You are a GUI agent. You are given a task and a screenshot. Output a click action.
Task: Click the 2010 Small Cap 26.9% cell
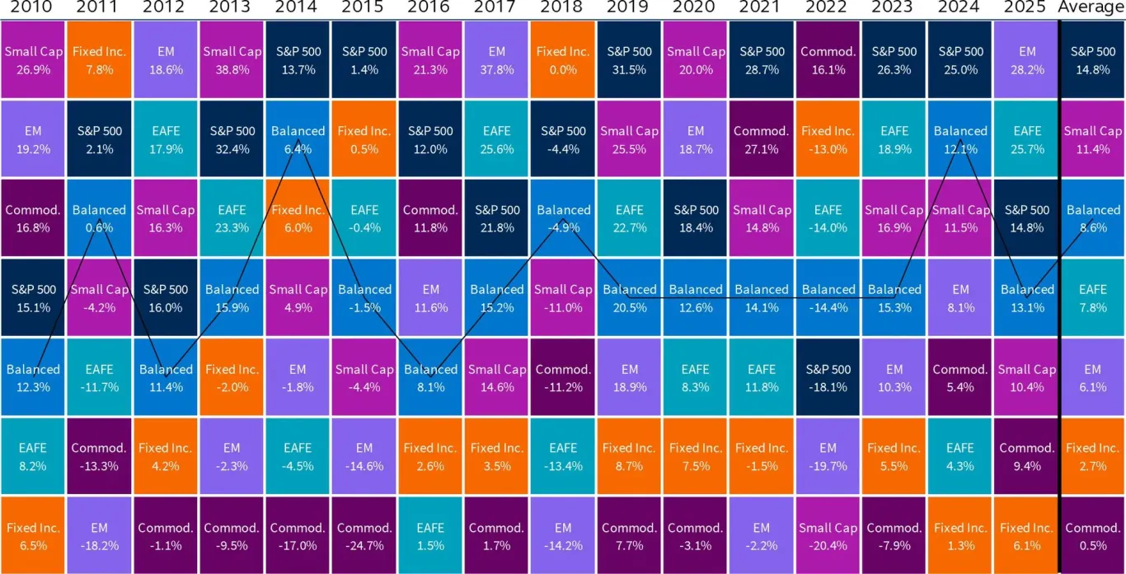(x=32, y=59)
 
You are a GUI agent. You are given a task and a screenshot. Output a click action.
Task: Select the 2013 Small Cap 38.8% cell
(x=231, y=59)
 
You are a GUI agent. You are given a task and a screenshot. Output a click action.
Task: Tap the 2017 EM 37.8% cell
(x=496, y=59)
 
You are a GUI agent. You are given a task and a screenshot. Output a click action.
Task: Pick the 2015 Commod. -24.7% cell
(x=364, y=536)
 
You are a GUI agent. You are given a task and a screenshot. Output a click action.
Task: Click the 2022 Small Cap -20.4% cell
(x=828, y=536)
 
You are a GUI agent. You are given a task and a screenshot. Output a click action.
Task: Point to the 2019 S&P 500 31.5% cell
(x=629, y=59)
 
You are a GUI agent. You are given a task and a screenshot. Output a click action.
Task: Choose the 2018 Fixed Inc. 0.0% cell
(x=562, y=59)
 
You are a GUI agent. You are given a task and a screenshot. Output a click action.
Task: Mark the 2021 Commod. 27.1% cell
(x=761, y=138)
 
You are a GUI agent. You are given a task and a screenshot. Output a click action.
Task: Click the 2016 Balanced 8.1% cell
(x=429, y=377)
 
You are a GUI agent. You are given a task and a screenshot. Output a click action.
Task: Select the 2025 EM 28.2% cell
(x=1026, y=59)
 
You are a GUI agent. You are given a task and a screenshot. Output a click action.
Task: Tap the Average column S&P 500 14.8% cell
(x=1093, y=59)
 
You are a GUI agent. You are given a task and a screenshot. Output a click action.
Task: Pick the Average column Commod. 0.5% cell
(x=1093, y=536)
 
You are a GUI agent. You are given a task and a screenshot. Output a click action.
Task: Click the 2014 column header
(x=297, y=8)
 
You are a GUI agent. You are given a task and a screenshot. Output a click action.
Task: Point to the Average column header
(x=1093, y=8)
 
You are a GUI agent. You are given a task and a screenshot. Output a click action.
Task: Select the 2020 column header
(x=695, y=8)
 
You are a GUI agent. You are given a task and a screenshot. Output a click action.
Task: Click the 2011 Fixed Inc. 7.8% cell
(x=98, y=59)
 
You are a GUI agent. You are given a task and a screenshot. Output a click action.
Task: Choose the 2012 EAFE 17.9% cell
(x=165, y=138)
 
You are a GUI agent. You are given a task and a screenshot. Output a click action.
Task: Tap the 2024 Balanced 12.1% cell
(x=960, y=138)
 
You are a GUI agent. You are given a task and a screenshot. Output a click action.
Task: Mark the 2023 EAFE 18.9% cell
(x=894, y=138)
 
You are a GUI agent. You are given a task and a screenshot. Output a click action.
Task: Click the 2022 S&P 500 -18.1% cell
(x=828, y=377)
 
